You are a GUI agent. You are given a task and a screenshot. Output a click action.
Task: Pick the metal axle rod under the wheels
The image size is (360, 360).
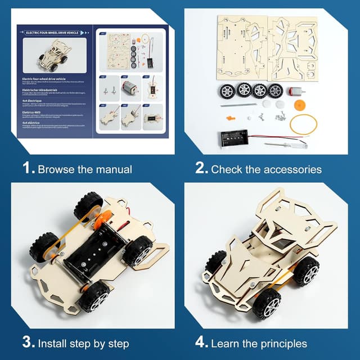click(x=237, y=105)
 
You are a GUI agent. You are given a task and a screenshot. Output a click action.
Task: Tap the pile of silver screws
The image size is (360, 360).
click(x=276, y=116)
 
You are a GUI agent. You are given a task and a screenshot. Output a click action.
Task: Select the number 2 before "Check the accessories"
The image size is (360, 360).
click(x=200, y=169)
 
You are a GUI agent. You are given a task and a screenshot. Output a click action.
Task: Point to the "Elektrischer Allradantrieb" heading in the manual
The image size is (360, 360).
click(x=43, y=90)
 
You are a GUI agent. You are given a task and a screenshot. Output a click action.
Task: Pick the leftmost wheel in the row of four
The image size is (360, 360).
click(x=228, y=90)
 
